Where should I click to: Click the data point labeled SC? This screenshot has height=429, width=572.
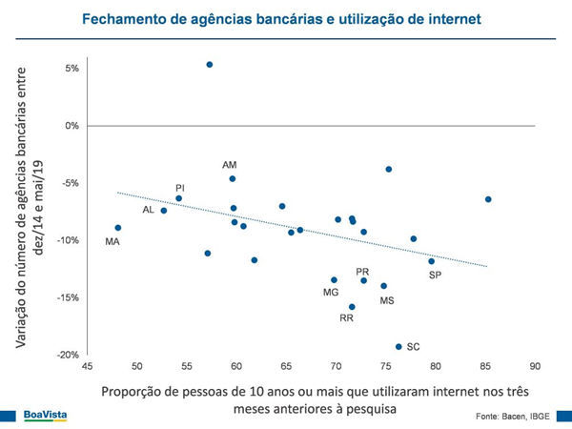[398, 346]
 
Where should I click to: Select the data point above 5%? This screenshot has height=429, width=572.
[210, 65]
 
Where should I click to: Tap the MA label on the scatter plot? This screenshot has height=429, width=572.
[112, 242]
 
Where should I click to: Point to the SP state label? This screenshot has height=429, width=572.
[435, 275]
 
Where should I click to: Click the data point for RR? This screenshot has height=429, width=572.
[352, 307]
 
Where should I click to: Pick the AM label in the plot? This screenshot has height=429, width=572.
[229, 165]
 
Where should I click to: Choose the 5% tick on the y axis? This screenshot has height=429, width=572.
[71, 69]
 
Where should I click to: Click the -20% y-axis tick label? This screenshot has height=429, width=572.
[67, 355]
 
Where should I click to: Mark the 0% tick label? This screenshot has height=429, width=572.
[71, 126]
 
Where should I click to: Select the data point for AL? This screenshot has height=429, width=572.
[164, 211]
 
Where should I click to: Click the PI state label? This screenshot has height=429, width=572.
[179, 188]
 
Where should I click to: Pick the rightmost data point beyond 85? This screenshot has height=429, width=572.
[488, 199]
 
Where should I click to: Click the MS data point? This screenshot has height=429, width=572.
[384, 286]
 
